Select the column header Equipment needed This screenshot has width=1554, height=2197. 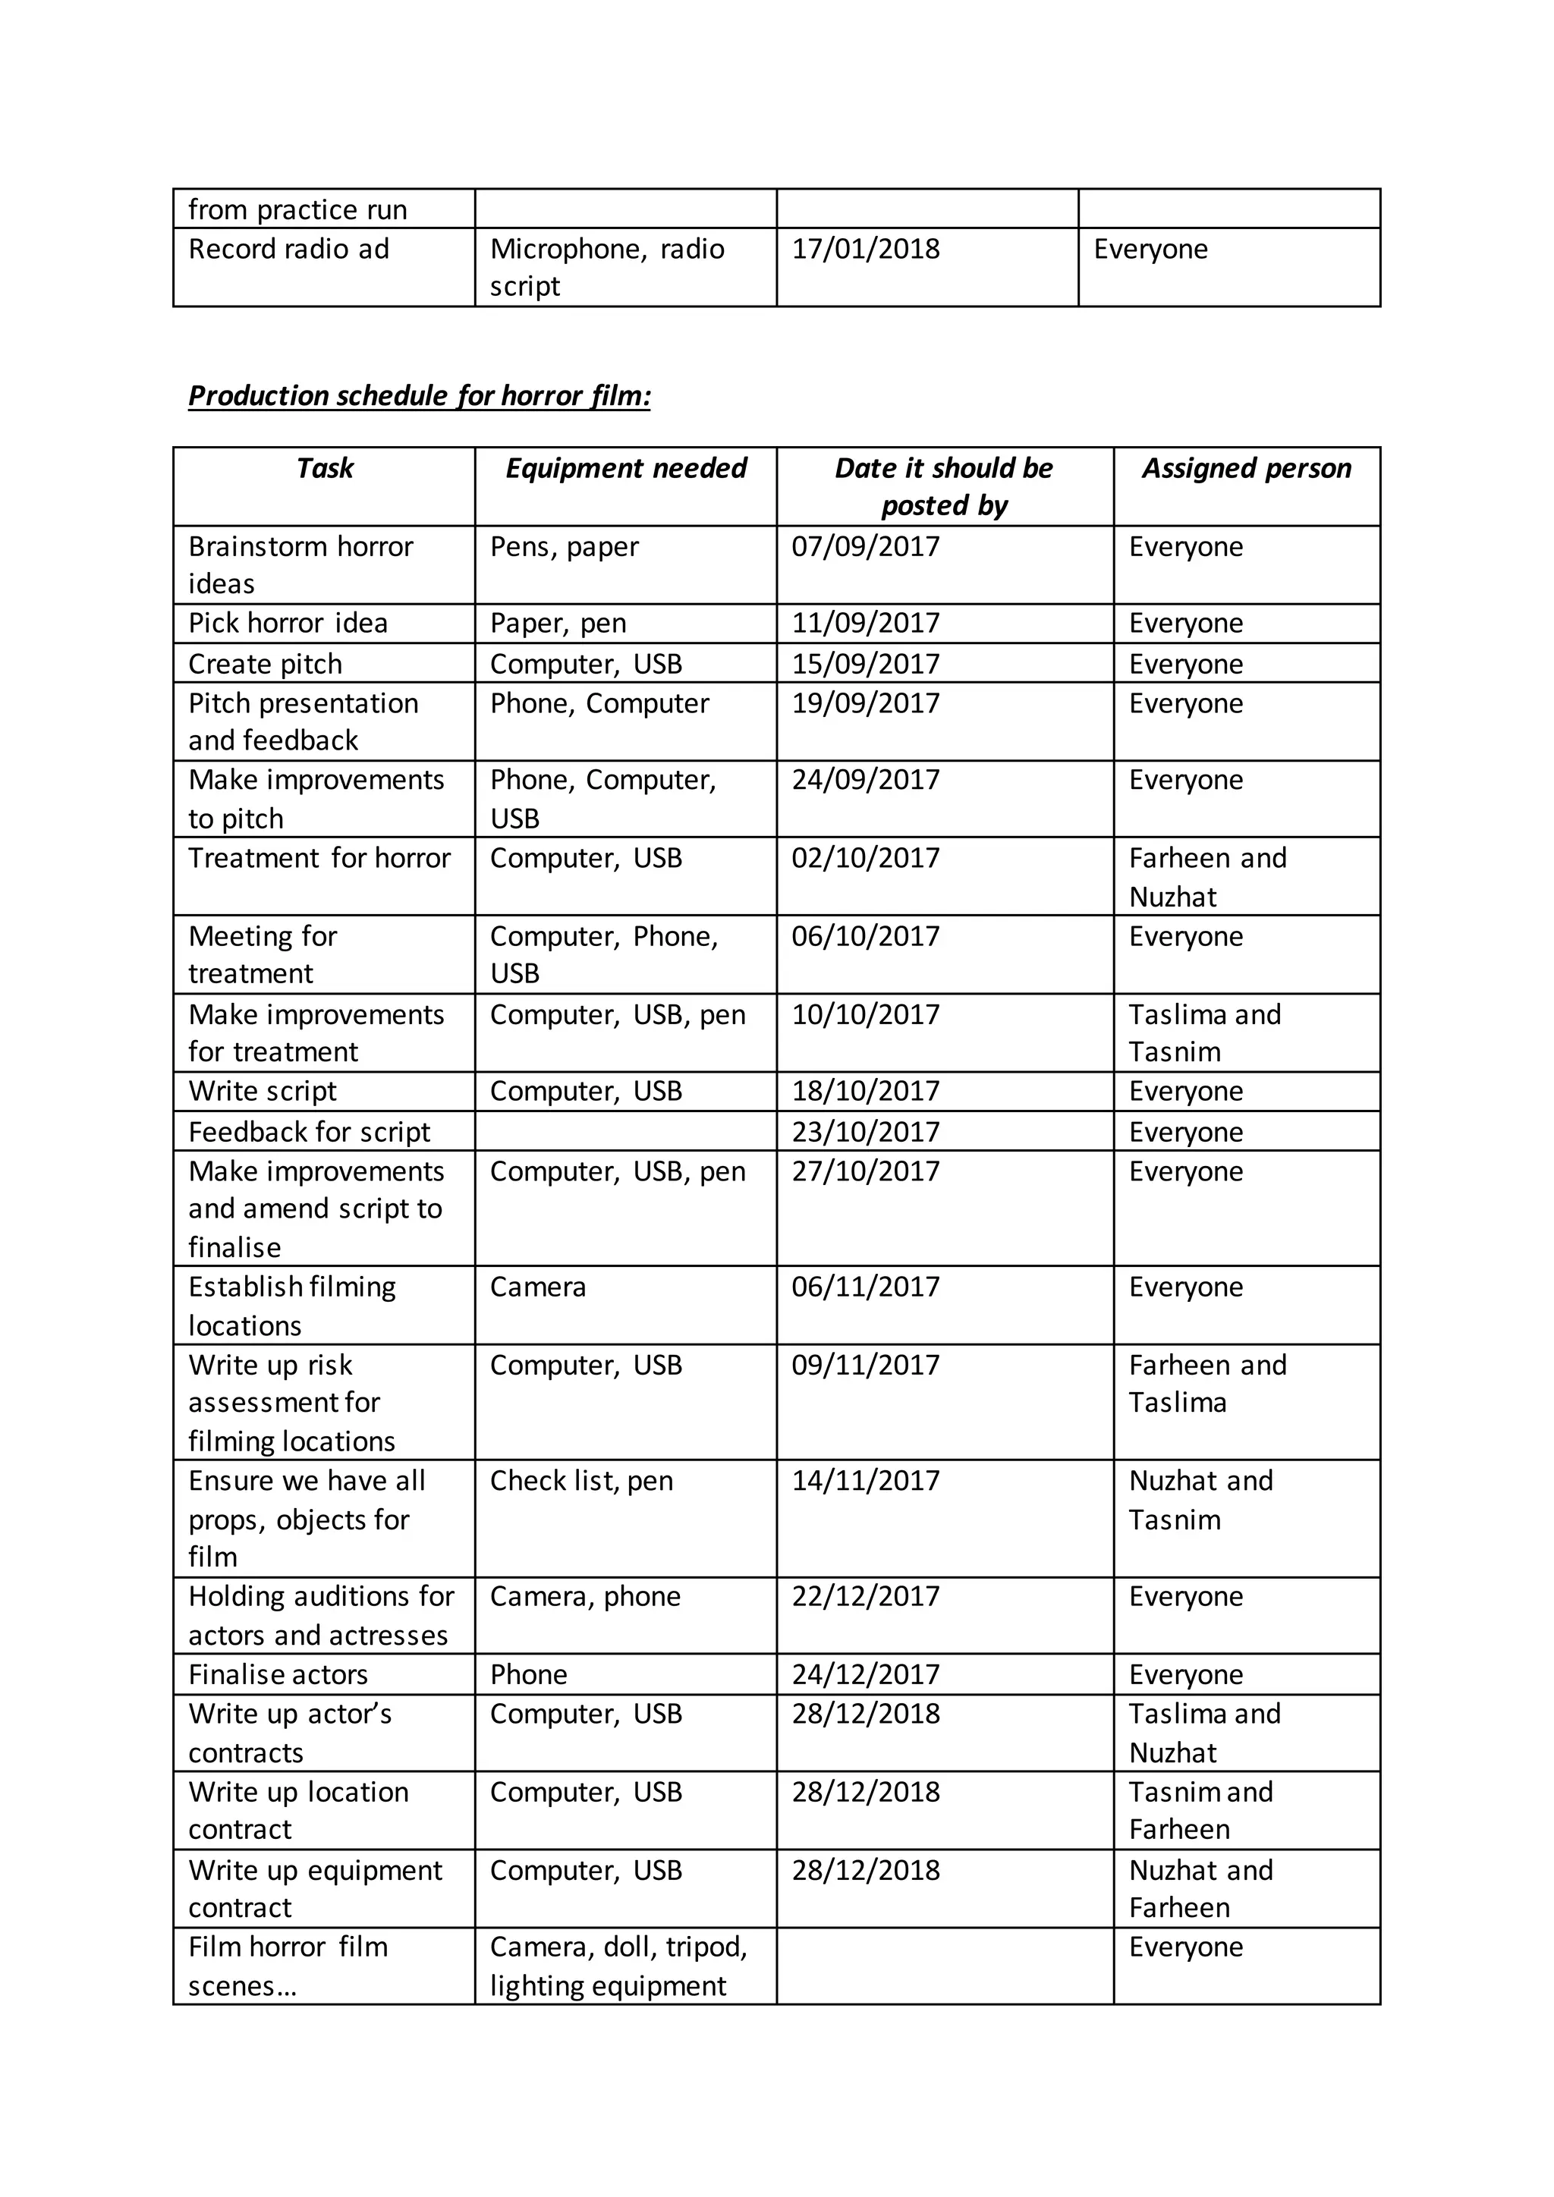pos(626,468)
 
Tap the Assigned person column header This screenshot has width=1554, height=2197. pos(1246,468)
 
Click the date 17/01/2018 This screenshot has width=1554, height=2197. pos(865,249)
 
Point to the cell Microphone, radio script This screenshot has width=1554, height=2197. pos(607,267)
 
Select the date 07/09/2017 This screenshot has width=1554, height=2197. pos(865,546)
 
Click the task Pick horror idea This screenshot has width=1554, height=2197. pos(288,623)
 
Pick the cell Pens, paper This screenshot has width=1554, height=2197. pos(564,546)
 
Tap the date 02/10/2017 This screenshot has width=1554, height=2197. pos(865,857)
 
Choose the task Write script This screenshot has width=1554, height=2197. pos(263,1091)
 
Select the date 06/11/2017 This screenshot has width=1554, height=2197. pos(865,1286)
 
